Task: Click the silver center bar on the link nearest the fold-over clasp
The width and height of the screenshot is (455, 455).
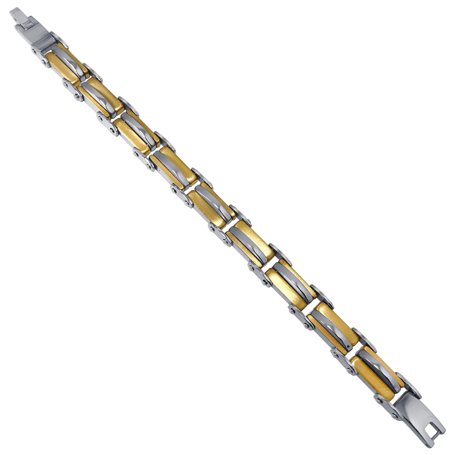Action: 68,63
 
